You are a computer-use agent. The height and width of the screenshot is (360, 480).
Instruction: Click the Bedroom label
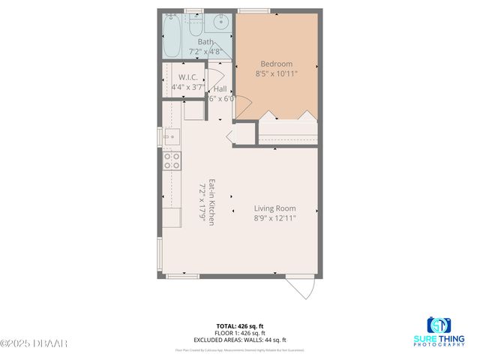point(276,64)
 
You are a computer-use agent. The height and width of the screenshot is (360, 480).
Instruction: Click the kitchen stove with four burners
point(172,160)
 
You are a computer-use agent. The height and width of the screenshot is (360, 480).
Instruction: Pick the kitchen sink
point(172,137)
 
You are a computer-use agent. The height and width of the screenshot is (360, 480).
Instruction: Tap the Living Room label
point(274,208)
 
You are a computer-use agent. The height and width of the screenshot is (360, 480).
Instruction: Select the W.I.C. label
point(187,77)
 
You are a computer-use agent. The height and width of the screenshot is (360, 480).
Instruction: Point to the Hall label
point(220,88)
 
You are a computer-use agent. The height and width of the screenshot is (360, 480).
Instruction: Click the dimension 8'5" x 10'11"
point(276,74)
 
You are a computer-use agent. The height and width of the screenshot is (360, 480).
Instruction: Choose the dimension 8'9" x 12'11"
point(274,218)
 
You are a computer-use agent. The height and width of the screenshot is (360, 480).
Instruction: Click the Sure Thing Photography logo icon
point(439,325)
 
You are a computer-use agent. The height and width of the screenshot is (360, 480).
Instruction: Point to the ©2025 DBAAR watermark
point(34,343)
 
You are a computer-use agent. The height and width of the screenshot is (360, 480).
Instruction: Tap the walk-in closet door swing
point(215,72)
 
